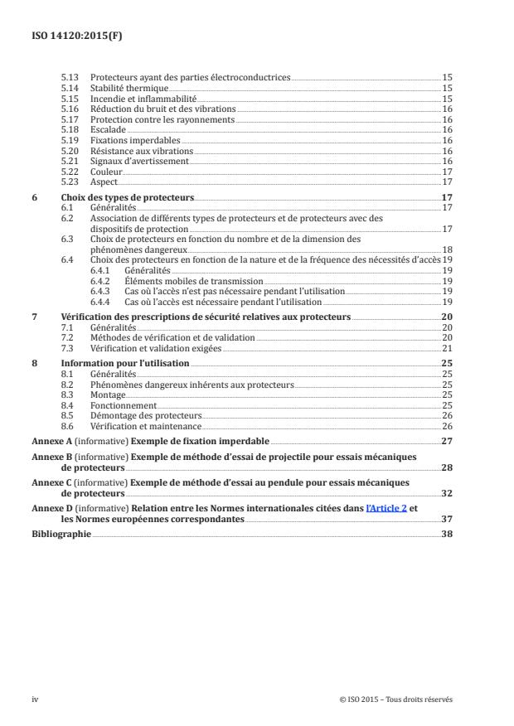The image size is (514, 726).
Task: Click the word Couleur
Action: (105, 171)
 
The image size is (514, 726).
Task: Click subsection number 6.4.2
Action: (103, 282)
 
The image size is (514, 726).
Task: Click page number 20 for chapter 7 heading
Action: (445, 317)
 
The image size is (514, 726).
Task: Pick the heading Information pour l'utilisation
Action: (125, 364)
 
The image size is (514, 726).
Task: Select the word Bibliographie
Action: (61, 535)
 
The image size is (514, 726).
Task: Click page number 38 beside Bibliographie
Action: (446, 535)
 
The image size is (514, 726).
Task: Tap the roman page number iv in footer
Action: (35, 699)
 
